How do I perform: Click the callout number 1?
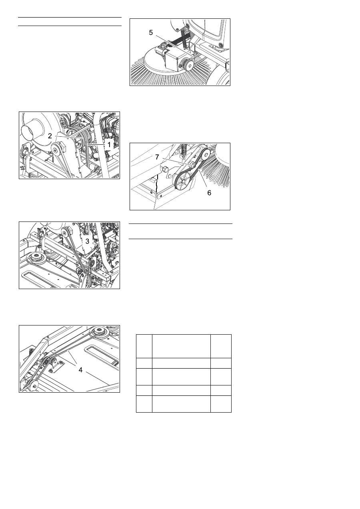pyautogui.click(x=109, y=144)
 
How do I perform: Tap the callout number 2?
pyautogui.click(x=50, y=136)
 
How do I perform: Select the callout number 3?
pyautogui.click(x=87, y=241)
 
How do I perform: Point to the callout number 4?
pyautogui.click(x=80, y=370)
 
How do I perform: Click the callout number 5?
pyautogui.click(x=151, y=32)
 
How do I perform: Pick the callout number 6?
pyautogui.click(x=209, y=193)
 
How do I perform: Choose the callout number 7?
pyautogui.click(x=157, y=157)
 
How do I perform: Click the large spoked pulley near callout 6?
pyautogui.click(x=183, y=180)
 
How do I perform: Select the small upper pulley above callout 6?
pyautogui.click(x=206, y=155)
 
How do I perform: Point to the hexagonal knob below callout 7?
pyautogui.click(x=164, y=169)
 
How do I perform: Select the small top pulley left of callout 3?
pyautogui.click(x=66, y=232)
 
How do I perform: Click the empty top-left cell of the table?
pyautogui.click(x=144, y=346)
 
